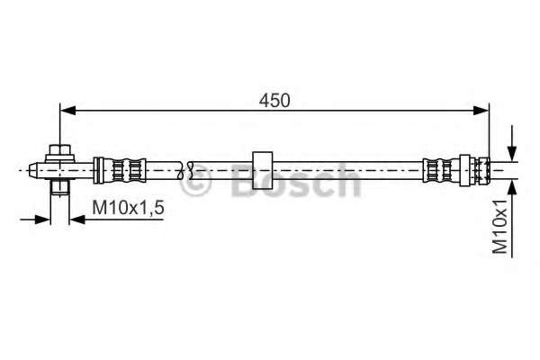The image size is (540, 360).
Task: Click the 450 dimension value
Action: [x=275, y=101]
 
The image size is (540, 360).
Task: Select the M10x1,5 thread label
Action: [x=129, y=208]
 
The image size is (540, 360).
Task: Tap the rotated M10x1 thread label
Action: [x=500, y=230]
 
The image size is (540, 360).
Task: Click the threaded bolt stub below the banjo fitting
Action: [x=58, y=186]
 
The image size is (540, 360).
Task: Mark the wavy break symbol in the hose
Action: [x=188, y=168]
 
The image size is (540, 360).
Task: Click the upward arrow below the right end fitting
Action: [x=512, y=186]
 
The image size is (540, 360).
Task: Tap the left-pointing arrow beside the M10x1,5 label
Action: [x=76, y=217]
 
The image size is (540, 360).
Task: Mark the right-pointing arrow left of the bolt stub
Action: [x=41, y=217]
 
